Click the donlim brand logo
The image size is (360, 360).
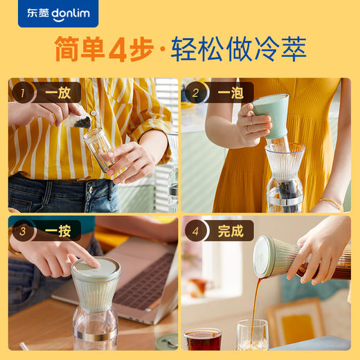[58, 13]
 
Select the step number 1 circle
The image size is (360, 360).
[23, 92]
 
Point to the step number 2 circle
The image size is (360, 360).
[196, 92]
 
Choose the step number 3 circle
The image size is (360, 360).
[23, 231]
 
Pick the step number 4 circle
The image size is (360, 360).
[196, 231]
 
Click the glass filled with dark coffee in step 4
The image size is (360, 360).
[203, 339]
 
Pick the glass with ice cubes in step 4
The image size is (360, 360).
[252, 335]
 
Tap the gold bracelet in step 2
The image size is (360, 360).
[331, 203]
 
